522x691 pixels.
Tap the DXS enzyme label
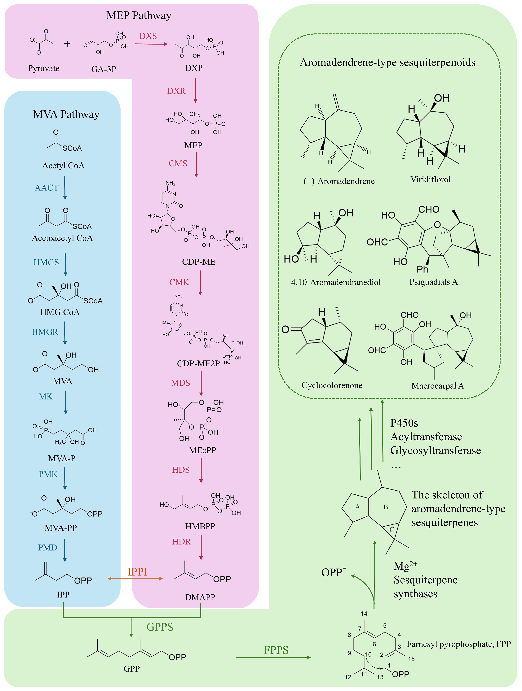[x=148, y=36]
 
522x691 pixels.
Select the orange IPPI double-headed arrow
[x=135, y=579]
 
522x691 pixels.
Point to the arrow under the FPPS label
[x=273, y=657]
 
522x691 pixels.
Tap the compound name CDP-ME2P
[x=198, y=364]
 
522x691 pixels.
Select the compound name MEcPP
[x=202, y=450]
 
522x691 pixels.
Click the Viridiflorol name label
[x=430, y=179]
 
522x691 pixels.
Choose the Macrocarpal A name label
[x=438, y=386]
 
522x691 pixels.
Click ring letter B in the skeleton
[x=386, y=507]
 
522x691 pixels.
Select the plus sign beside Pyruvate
[x=67, y=44]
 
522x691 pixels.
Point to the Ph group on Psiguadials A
[x=422, y=269]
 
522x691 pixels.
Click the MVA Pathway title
[x=66, y=114]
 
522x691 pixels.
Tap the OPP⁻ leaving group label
[x=333, y=572]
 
